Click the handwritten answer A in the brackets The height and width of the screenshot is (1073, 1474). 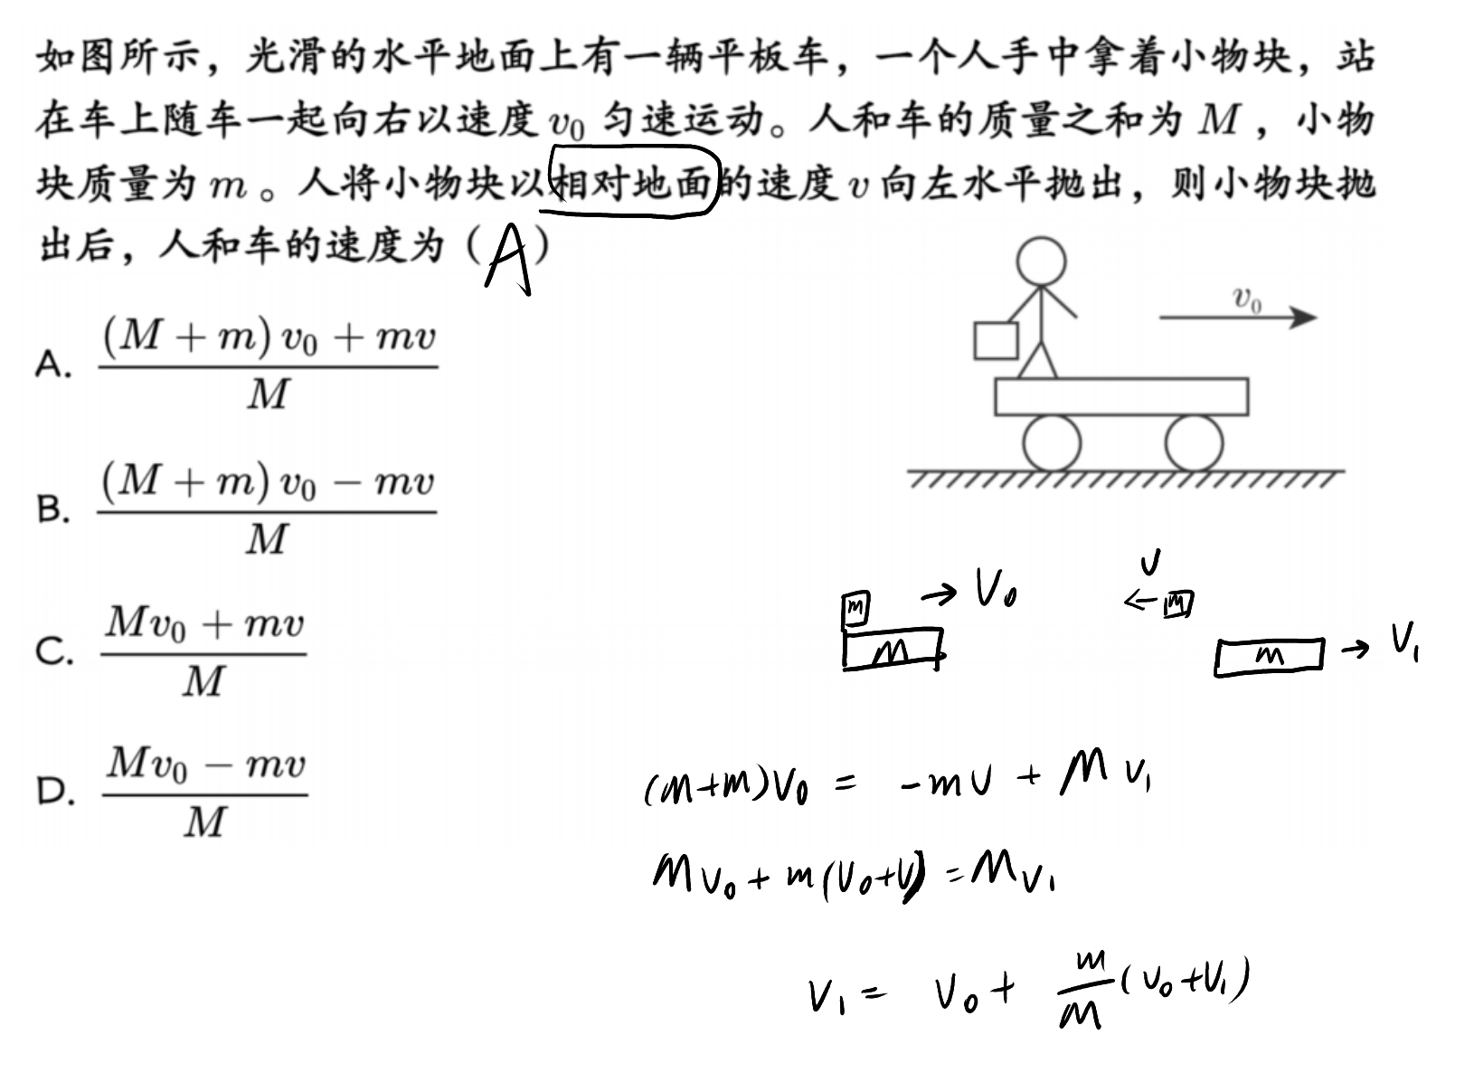508,260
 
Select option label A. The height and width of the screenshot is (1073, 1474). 52,364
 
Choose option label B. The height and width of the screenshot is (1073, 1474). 52,508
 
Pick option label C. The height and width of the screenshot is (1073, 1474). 54,651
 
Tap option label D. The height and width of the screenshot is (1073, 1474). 55,791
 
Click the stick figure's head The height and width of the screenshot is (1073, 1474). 1041,261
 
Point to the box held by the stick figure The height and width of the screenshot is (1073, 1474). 996,341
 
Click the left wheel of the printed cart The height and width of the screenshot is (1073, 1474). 1052,443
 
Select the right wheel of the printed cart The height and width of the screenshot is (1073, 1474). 1194,443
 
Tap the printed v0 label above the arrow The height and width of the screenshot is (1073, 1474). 1247,299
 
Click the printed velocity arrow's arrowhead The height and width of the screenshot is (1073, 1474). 1303,318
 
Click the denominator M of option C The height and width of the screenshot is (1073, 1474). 203,680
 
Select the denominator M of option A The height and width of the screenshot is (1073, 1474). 268,394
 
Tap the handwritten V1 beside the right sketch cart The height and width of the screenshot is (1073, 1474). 1404,641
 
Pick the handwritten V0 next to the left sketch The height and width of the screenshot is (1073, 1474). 996,587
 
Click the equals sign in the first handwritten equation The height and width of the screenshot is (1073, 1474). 845,783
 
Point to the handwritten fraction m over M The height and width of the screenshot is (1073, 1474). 1083,990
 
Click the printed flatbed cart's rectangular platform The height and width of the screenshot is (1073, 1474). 1121,396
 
